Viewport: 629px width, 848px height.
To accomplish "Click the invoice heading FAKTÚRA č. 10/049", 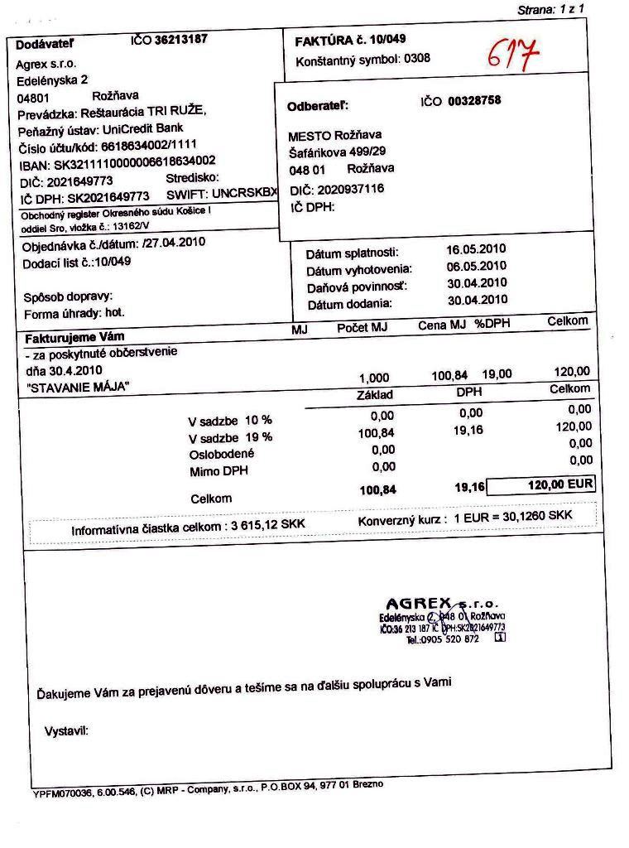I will point(350,40).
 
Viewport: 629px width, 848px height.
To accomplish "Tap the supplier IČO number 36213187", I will point(180,39).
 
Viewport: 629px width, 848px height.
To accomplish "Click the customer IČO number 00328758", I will point(474,101).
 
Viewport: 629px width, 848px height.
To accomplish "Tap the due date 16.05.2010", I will point(476,249).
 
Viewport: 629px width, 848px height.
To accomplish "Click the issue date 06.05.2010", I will point(476,266).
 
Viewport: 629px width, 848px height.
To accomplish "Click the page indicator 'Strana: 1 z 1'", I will point(550,10).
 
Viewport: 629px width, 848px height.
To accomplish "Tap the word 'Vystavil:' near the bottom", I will point(65,730).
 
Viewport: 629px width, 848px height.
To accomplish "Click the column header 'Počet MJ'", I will point(362,328).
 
